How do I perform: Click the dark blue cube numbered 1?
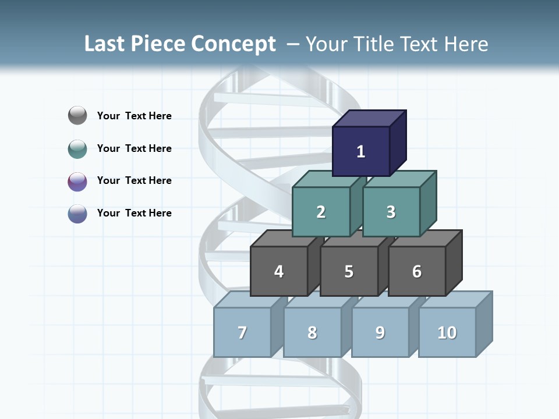pos(361,151)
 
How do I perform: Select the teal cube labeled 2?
pos(321,212)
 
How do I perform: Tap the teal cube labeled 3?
pos(391,212)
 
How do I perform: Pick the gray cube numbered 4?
pos(279,271)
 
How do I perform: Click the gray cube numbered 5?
pos(349,271)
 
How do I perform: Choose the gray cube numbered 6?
pos(417,271)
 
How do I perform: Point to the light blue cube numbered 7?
pos(242,332)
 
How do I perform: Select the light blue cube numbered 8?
pos(312,332)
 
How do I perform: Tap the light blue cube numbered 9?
pos(380,332)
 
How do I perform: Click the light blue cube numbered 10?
pos(447,332)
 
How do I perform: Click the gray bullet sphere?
pos(77,116)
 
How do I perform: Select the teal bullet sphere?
pos(77,149)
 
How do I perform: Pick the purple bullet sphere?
pos(77,182)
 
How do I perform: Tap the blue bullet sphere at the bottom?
pos(77,214)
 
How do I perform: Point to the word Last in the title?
pos(105,44)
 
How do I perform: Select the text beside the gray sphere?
pos(135,116)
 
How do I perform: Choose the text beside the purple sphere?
pos(135,180)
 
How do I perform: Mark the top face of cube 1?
pos(370,118)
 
